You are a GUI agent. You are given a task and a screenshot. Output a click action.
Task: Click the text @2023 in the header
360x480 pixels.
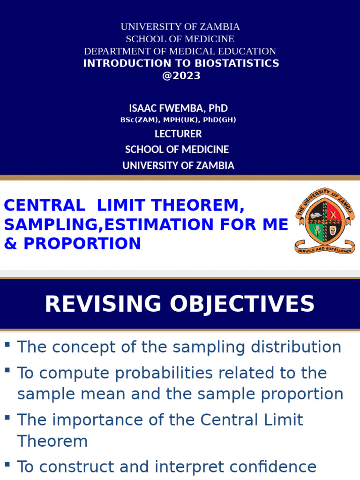[181, 76]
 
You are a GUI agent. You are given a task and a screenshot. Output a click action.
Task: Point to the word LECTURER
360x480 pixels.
[178, 134]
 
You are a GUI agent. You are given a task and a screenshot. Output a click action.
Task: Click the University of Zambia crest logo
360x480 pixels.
[325, 220]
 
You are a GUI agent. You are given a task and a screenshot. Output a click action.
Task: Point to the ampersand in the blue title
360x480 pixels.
[10, 244]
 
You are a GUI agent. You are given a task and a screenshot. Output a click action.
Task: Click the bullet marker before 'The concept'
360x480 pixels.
[7, 345]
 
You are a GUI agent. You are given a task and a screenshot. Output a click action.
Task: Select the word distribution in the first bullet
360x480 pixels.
[295, 347]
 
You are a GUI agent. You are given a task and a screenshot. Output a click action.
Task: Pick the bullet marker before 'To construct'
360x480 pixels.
[7, 465]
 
